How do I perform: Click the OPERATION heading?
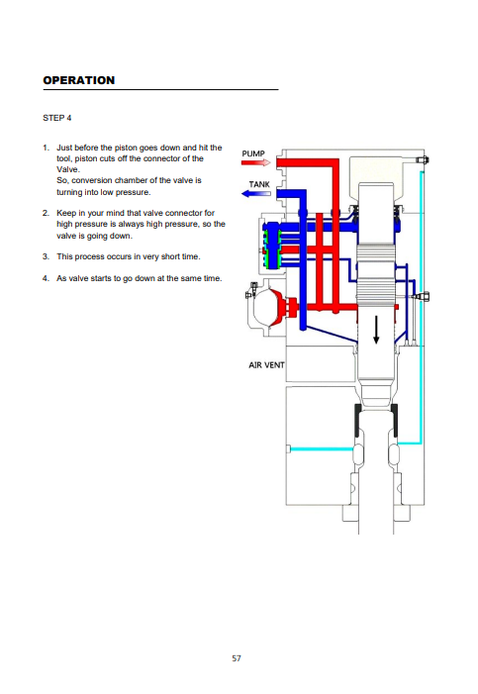point(79,80)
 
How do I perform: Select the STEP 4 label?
point(57,118)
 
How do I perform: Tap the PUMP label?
point(253,153)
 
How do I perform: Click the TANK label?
point(259,184)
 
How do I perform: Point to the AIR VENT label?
point(266,365)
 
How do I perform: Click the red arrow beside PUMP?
point(255,163)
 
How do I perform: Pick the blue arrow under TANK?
point(255,193)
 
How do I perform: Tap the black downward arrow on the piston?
point(376,330)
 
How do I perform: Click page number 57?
point(237,658)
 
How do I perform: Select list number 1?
point(47,148)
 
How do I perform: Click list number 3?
point(47,256)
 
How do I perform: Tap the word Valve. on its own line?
point(68,169)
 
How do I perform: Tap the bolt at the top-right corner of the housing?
point(423,160)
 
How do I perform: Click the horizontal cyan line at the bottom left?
point(321,449)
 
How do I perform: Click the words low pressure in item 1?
point(129,192)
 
